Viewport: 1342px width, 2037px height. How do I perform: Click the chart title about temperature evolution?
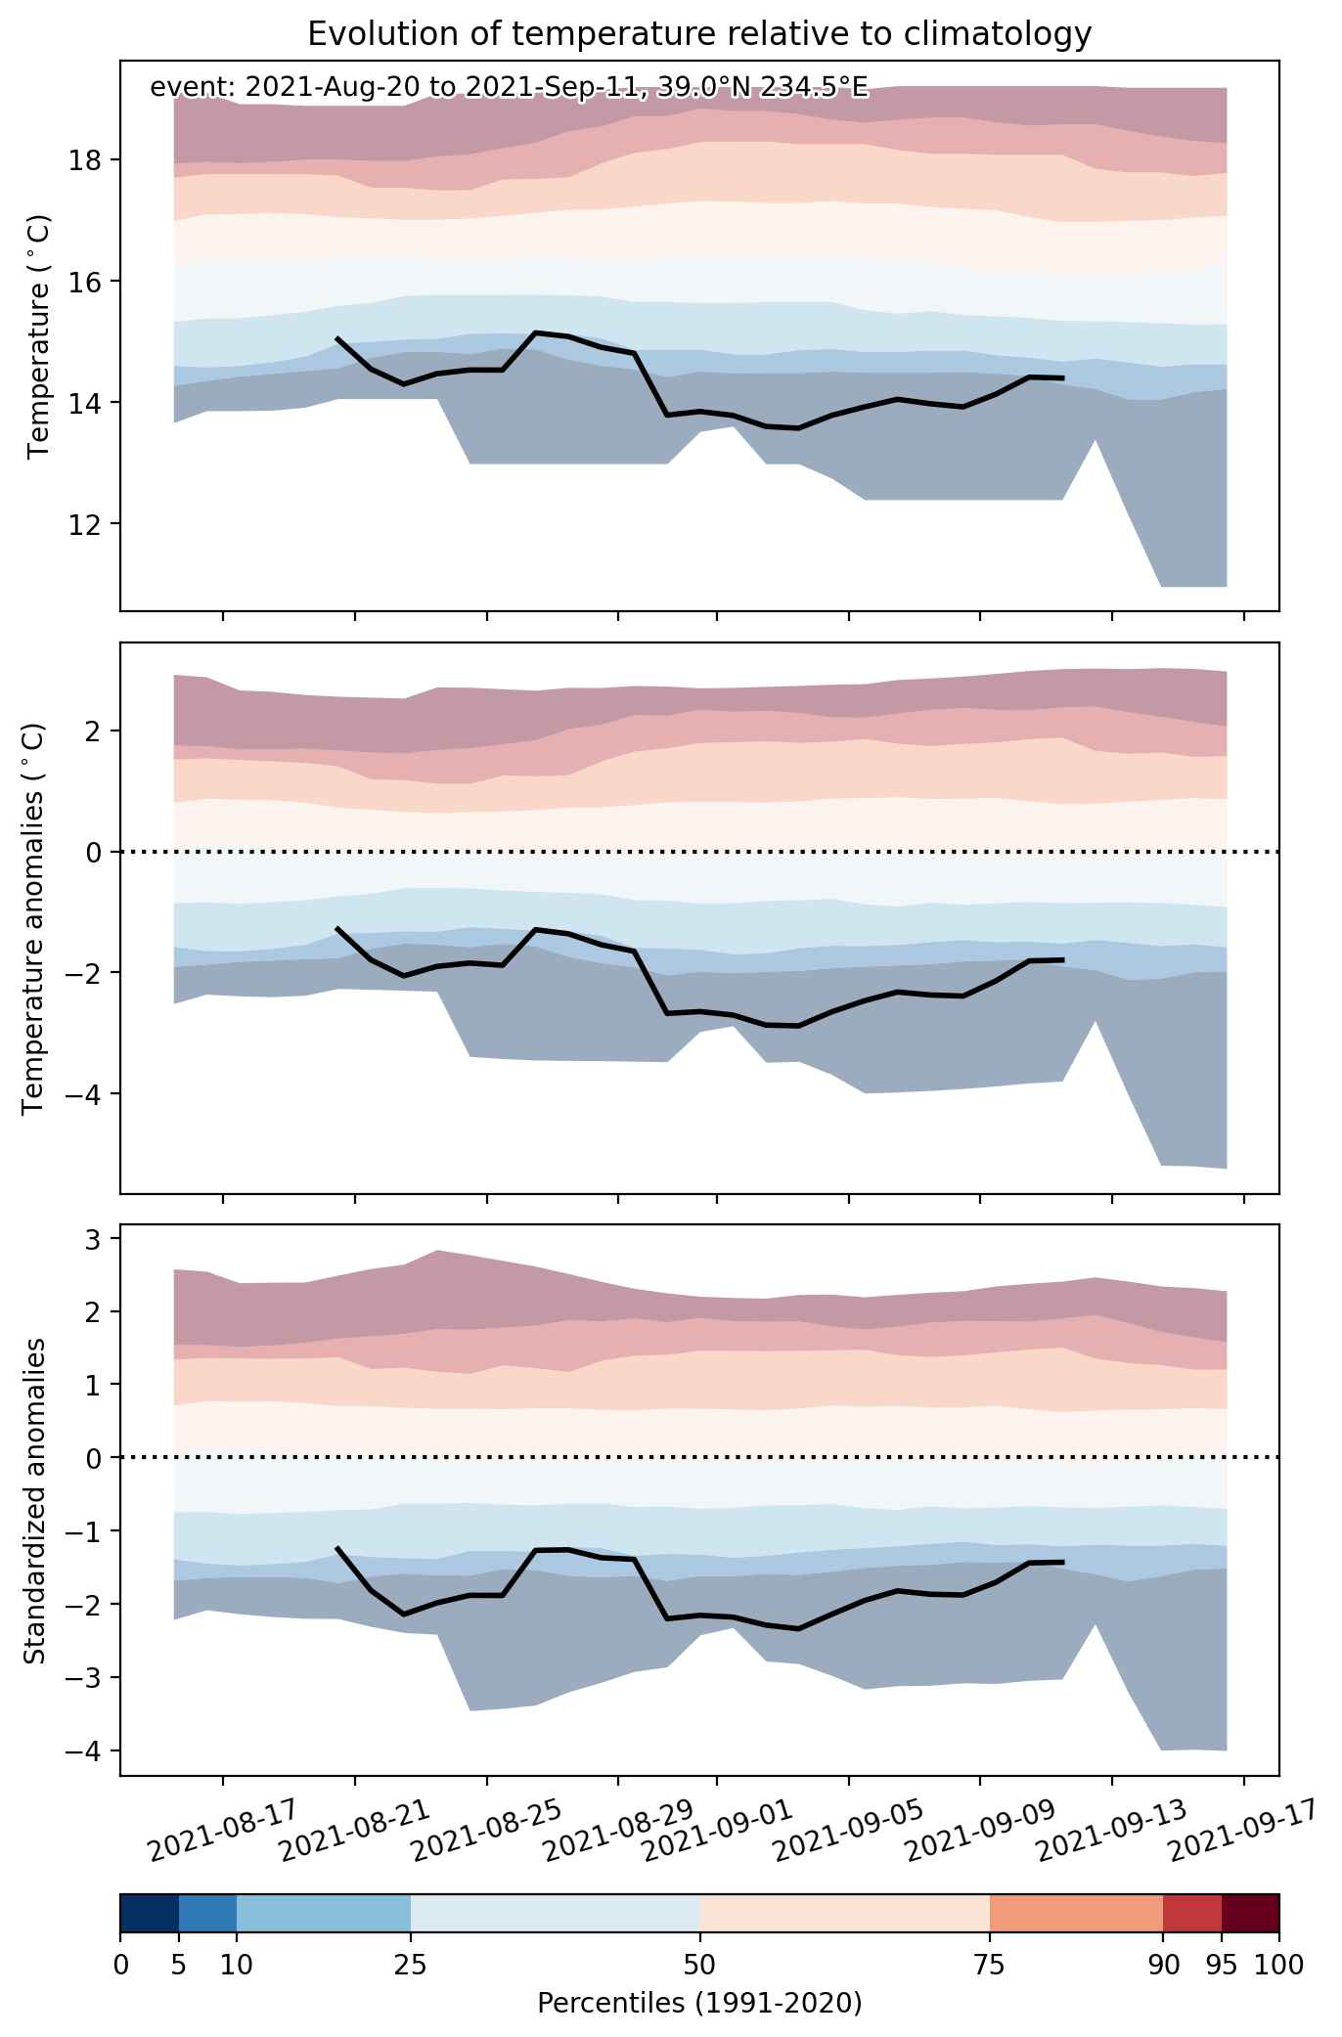(699, 34)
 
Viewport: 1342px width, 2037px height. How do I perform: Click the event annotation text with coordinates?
(509, 88)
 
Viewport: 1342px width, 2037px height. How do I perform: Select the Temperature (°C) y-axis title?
(39, 336)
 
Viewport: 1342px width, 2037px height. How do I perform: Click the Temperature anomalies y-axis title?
(33, 918)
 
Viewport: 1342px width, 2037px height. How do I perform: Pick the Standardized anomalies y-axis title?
(33, 1500)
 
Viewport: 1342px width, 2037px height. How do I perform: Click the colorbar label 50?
(699, 1964)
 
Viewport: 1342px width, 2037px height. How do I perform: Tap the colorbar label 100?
(1278, 1964)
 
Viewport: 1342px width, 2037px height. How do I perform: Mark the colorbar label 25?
(410, 1964)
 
